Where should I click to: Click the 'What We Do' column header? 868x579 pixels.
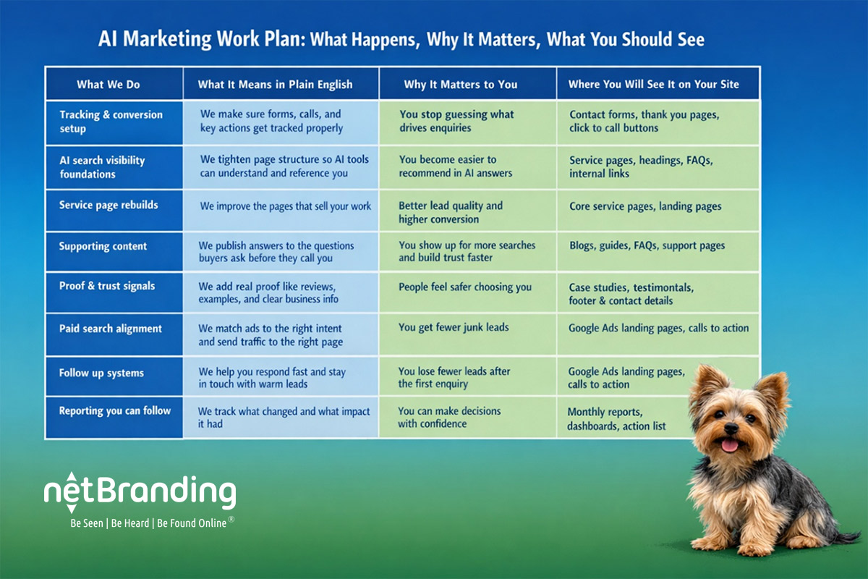(109, 85)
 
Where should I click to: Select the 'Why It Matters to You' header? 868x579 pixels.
(461, 85)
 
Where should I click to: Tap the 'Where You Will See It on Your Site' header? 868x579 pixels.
(653, 85)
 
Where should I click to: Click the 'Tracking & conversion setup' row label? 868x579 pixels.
(111, 122)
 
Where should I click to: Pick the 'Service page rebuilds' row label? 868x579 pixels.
(109, 205)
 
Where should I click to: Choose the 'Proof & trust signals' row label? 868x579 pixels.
(107, 286)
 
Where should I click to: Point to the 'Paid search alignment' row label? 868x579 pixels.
(111, 329)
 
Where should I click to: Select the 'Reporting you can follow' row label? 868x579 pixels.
(115, 410)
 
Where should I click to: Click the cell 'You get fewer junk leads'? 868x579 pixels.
(454, 327)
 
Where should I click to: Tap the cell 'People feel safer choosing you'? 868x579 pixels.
(465, 287)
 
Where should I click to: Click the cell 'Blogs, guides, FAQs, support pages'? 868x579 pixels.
(647, 245)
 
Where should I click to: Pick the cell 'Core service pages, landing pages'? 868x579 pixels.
(645, 206)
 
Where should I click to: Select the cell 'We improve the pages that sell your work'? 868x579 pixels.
(286, 206)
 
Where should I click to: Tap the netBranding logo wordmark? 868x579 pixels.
(140, 494)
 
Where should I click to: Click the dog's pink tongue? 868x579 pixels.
(730, 444)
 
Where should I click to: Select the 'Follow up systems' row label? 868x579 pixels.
(101, 373)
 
